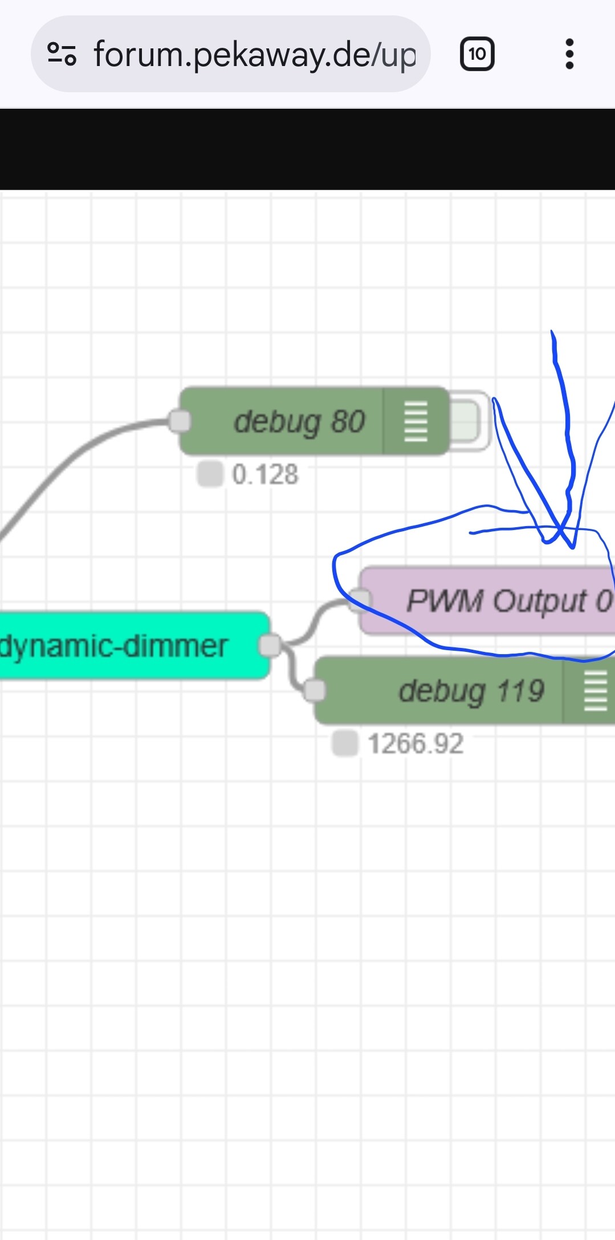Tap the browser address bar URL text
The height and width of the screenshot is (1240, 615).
pyautogui.click(x=255, y=55)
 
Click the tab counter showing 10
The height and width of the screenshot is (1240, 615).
pyautogui.click(x=476, y=55)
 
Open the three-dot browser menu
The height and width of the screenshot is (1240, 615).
pyautogui.click(x=569, y=55)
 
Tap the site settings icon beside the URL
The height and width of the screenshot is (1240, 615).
pyautogui.click(x=62, y=55)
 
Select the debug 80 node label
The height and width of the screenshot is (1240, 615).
pyautogui.click(x=299, y=422)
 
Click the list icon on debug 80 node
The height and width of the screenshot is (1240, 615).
pyautogui.click(x=416, y=422)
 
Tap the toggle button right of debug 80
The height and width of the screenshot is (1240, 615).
pyautogui.click(x=466, y=421)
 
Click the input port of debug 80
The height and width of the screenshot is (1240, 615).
pyautogui.click(x=180, y=421)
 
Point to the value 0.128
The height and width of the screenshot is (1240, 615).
pyautogui.click(x=265, y=474)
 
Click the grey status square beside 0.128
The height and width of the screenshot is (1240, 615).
pyautogui.click(x=209, y=474)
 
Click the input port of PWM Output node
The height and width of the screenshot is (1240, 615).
pyautogui.click(x=360, y=600)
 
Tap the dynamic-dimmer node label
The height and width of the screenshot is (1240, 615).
pyautogui.click(x=114, y=646)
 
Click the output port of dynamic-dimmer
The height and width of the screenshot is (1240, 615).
pyautogui.click(x=270, y=646)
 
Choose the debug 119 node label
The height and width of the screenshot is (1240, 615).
pyautogui.click(x=471, y=691)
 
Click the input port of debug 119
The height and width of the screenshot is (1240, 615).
pyautogui.click(x=315, y=691)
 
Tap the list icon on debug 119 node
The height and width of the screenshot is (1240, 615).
pyautogui.click(x=595, y=691)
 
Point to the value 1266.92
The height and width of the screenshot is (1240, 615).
pyautogui.click(x=416, y=744)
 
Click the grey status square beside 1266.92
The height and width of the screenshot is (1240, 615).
pyautogui.click(x=344, y=744)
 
